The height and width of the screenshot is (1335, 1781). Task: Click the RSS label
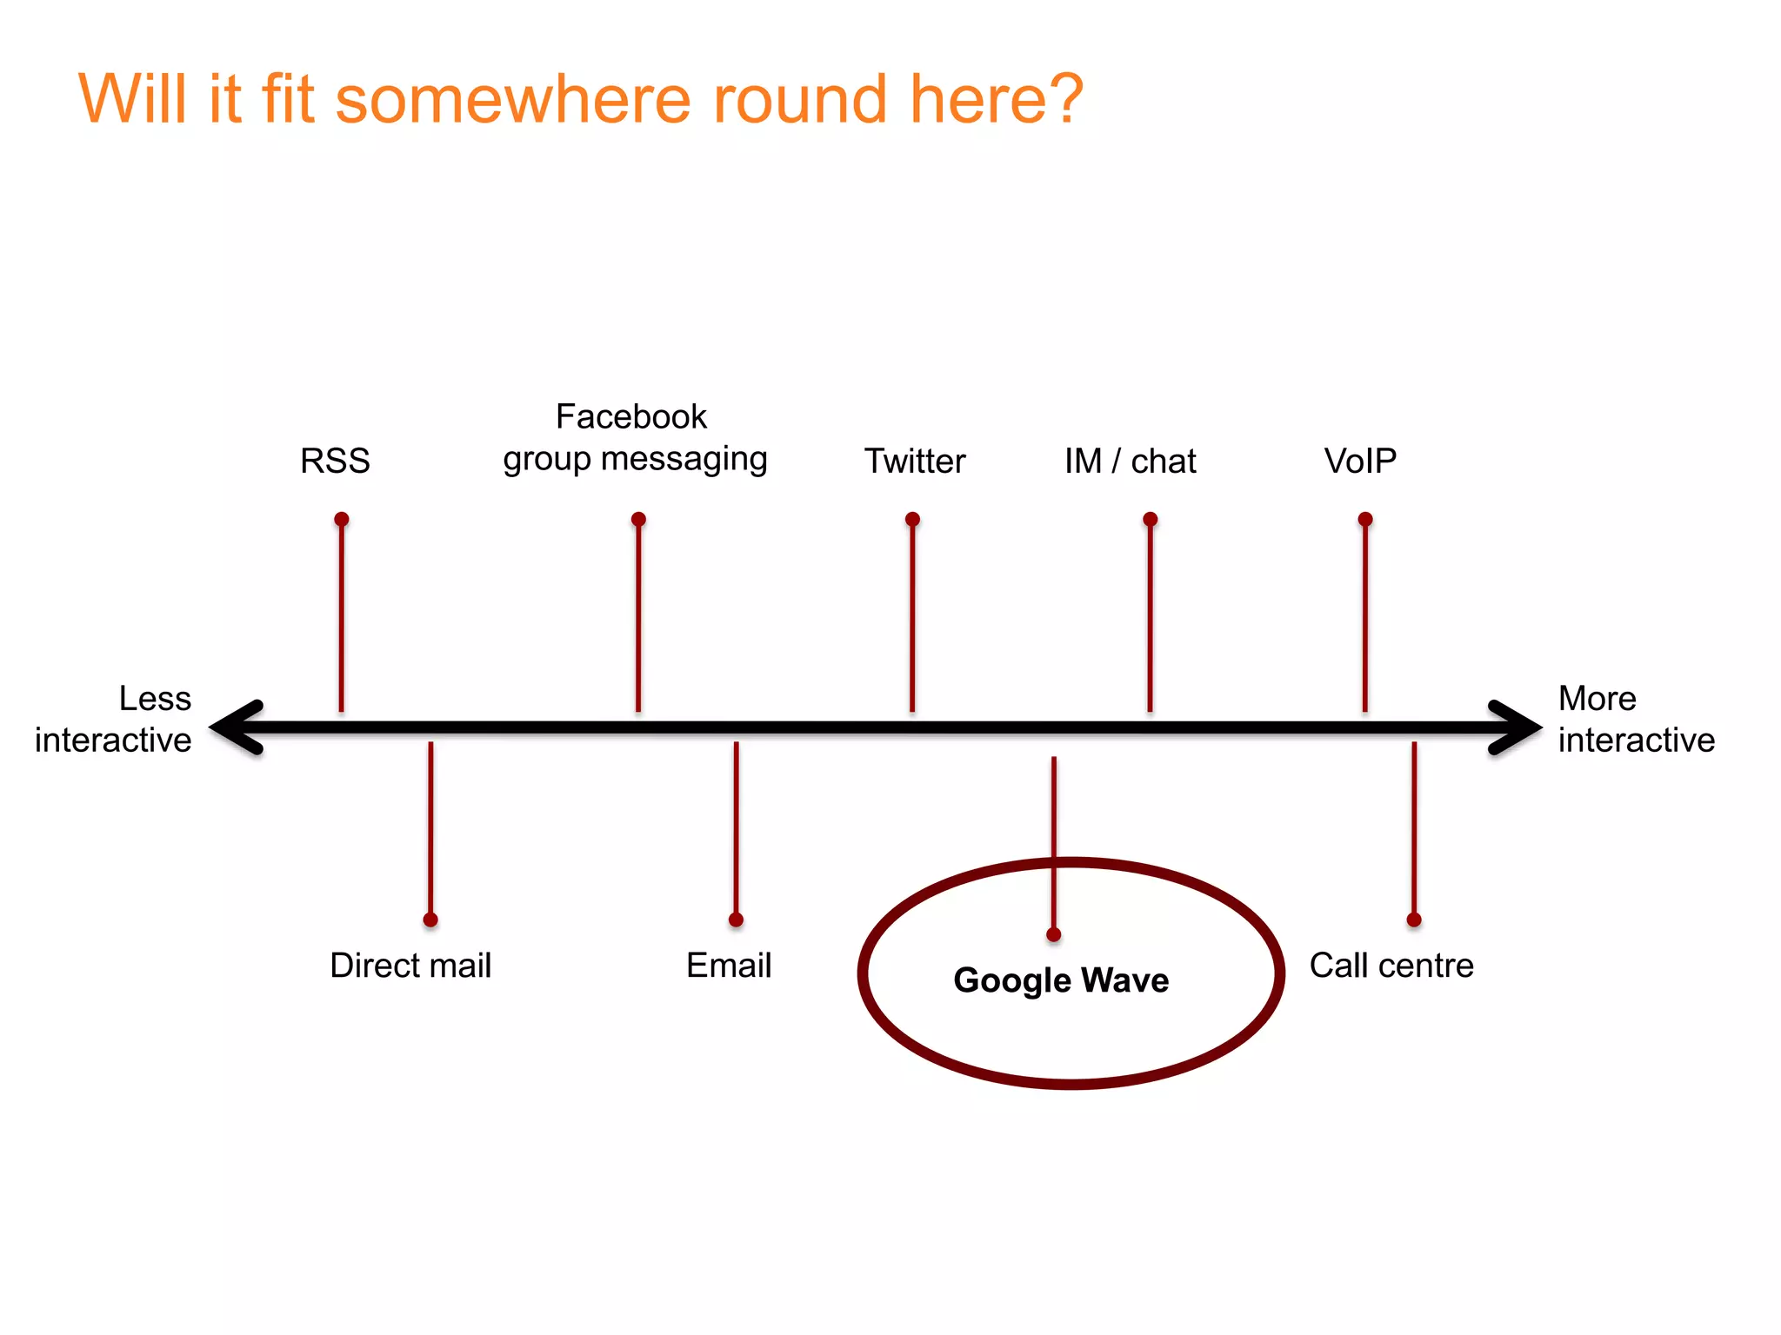(335, 461)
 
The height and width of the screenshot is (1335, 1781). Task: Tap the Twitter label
(915, 461)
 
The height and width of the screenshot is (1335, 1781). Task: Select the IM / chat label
(1130, 461)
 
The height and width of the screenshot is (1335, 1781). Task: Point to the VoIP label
(1360, 461)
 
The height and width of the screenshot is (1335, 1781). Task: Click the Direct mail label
(410, 966)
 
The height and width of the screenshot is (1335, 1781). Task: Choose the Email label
(729, 966)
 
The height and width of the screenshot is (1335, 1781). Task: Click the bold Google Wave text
(1061, 980)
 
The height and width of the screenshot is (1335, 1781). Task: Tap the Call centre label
(1391, 966)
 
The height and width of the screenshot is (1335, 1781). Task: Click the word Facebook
(631, 417)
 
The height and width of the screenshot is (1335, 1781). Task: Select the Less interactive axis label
(114, 720)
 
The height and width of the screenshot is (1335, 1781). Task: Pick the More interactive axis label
(1635, 720)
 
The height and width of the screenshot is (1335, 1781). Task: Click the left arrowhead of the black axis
(233, 727)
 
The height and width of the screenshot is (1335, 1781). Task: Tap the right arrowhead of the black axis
(1518, 727)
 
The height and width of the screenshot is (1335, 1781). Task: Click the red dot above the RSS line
(342, 519)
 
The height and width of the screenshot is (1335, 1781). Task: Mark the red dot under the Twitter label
(912, 519)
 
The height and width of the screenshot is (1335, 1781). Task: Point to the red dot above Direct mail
(430, 920)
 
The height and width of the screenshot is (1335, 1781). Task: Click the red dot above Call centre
(1414, 920)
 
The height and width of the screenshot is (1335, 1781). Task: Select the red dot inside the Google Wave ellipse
(1054, 934)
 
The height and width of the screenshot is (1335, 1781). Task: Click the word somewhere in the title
(512, 100)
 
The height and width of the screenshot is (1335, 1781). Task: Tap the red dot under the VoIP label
(1365, 519)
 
